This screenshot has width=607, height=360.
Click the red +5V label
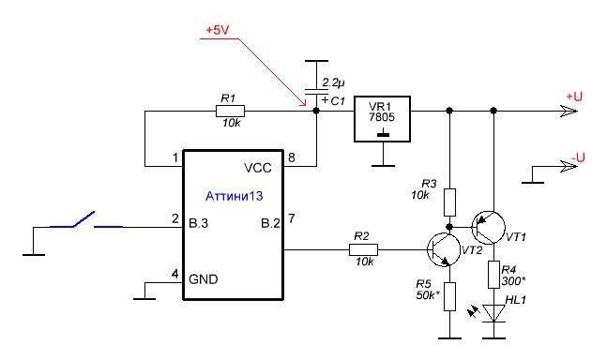point(218,30)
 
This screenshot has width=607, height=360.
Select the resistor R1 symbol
point(230,112)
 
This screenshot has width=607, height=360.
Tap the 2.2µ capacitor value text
point(333,82)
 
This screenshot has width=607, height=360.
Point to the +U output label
point(574,97)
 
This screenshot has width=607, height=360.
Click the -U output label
point(577,157)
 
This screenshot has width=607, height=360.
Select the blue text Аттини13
point(234,196)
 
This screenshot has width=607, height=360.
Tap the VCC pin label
point(258,168)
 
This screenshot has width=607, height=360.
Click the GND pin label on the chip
point(204,279)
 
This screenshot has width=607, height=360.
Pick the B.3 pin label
point(198,223)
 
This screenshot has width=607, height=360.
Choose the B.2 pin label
point(270,223)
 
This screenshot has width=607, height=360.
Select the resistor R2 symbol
point(363,249)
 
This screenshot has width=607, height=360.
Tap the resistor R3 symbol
point(449,202)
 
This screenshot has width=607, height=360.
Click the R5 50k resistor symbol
point(449,296)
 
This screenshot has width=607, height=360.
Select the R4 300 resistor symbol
point(493,275)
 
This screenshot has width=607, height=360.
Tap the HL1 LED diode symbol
point(494,313)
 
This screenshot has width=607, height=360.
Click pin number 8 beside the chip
point(292,157)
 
